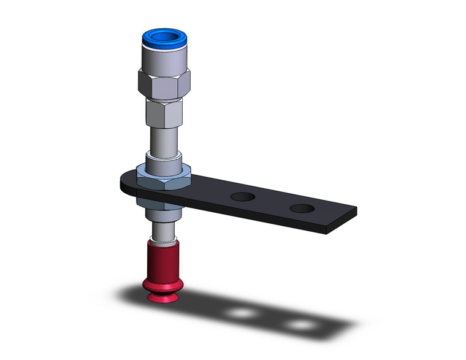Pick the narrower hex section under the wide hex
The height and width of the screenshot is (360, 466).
[164, 112]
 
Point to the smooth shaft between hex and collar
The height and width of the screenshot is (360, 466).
[164, 138]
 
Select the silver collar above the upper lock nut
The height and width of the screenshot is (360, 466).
[164, 160]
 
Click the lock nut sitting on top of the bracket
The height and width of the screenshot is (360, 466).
[164, 177]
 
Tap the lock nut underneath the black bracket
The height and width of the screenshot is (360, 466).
[161, 205]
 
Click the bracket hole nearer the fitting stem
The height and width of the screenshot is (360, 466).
[243, 197]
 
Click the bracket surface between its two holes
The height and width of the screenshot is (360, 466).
[272, 202]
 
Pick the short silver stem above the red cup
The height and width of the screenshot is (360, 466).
[164, 231]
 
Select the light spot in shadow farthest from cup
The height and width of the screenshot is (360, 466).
[300, 324]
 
